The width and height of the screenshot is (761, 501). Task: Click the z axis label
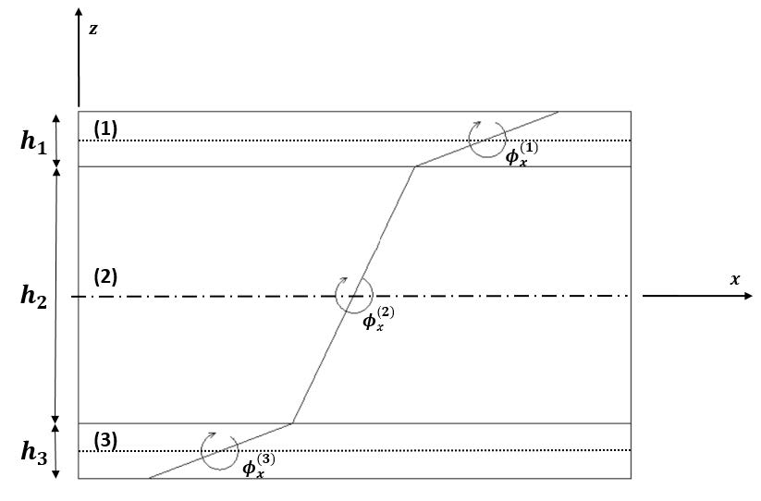[x=93, y=29]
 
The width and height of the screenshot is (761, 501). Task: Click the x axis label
[x=735, y=279]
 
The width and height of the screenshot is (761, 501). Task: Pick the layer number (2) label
[x=105, y=276]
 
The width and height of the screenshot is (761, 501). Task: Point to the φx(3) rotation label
[x=258, y=466]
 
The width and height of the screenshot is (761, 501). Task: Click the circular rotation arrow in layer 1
[x=485, y=139]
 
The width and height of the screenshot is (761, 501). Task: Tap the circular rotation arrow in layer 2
[x=352, y=296]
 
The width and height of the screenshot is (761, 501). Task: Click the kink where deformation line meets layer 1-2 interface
[x=415, y=166]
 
